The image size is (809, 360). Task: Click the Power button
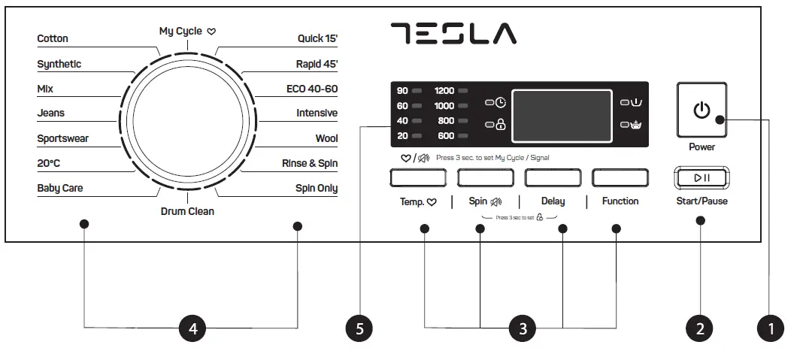(701, 110)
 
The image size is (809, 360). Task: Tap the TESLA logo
(453, 33)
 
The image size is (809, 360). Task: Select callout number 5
(359, 328)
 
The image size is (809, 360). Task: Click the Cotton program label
(53, 39)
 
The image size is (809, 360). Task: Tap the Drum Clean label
(187, 212)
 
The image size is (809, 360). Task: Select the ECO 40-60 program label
(312, 89)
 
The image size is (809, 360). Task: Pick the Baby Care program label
(60, 189)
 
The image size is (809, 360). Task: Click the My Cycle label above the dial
(180, 32)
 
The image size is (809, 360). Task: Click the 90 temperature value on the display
(402, 91)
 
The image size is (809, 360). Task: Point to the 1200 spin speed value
(444, 91)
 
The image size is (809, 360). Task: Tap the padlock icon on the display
(500, 126)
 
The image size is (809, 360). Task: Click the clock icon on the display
(500, 101)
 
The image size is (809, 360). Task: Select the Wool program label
(326, 139)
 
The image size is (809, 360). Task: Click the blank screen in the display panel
(559, 113)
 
